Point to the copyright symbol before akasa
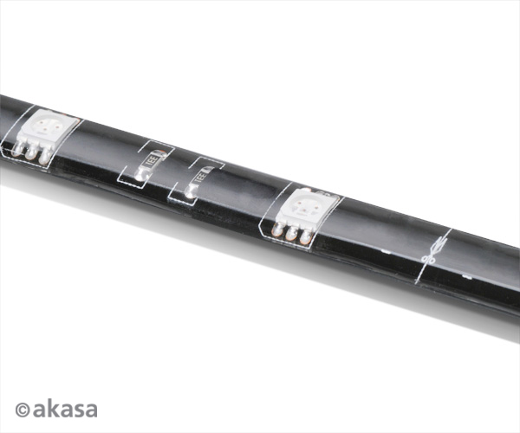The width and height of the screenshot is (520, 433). pos(23,409)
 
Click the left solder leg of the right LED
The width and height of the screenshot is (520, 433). pos(279,229)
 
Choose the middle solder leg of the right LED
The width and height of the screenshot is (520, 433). pos(291,233)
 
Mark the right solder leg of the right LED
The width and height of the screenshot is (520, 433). pos(304,236)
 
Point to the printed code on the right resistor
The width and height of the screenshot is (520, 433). pos(198,174)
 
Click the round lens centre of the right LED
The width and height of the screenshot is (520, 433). pos(305,208)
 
